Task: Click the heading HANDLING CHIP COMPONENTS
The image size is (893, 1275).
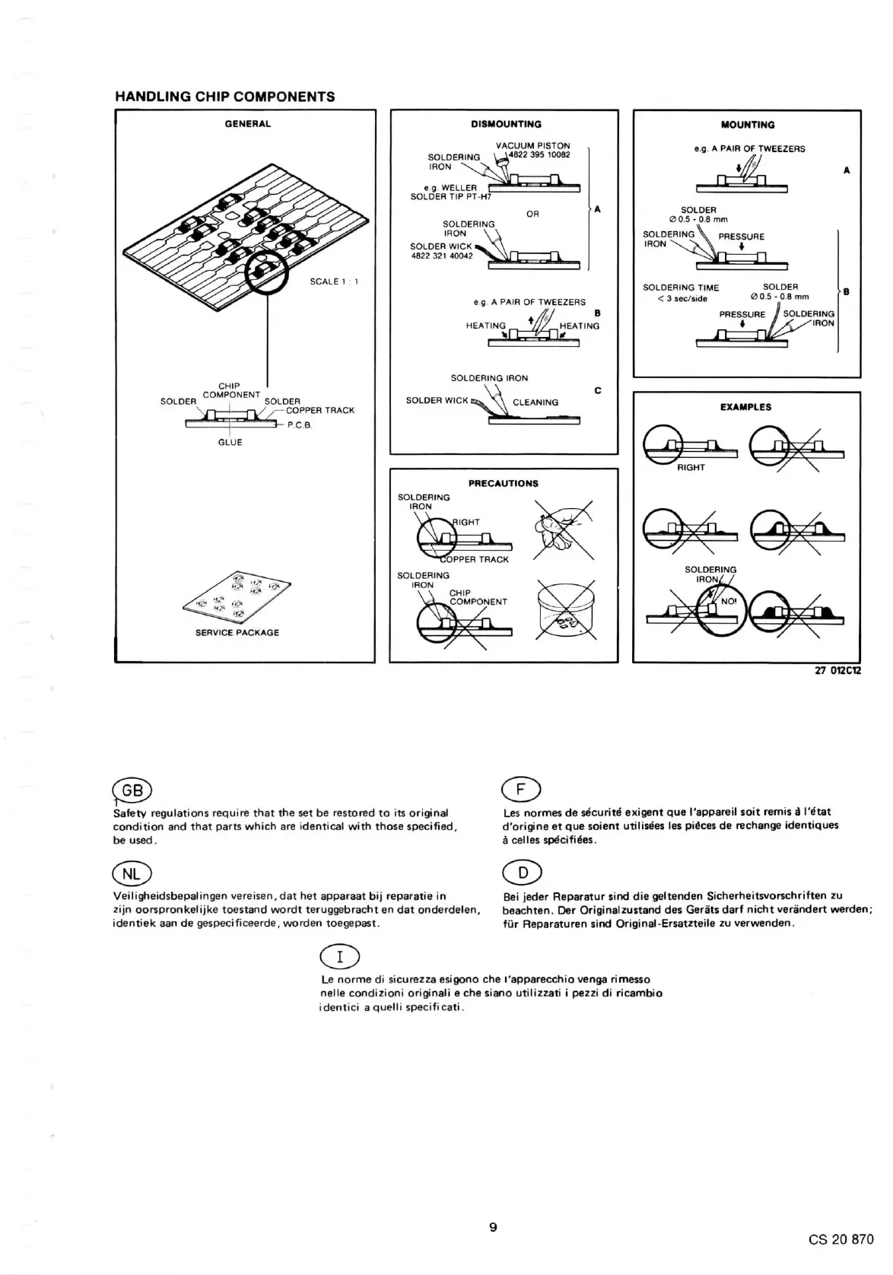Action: click(x=224, y=97)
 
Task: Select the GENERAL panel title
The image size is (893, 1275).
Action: click(x=248, y=123)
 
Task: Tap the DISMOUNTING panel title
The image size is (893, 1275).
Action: click(x=506, y=124)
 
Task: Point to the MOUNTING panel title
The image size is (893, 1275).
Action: click(x=747, y=125)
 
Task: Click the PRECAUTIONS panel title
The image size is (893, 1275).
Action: click(x=503, y=483)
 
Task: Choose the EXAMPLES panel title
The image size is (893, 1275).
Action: click(x=745, y=407)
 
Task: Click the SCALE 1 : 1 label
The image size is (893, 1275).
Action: click(x=334, y=281)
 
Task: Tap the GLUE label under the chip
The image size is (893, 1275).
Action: click(x=230, y=442)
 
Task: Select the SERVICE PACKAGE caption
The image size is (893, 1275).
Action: click(x=237, y=632)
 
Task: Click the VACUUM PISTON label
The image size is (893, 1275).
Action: click(x=532, y=145)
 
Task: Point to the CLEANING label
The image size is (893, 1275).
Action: click(x=535, y=402)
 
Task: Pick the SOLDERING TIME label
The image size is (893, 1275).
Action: click(x=681, y=288)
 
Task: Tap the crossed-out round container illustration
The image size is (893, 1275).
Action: click(x=564, y=610)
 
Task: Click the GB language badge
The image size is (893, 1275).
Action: click(x=132, y=790)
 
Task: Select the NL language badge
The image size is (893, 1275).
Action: click(x=132, y=874)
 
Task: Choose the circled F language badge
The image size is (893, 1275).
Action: click(x=521, y=790)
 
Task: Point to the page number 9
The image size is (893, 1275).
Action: click(x=493, y=1226)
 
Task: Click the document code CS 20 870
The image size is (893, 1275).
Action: click(x=841, y=1238)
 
